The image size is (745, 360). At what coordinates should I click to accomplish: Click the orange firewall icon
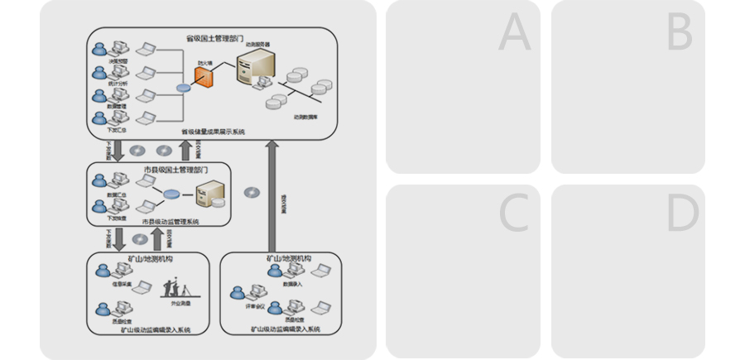[204, 77]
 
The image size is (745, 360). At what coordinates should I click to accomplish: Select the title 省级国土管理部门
[214, 38]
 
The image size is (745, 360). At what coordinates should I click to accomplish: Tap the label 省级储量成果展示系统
[214, 132]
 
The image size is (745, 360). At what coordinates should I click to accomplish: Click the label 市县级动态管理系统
[170, 222]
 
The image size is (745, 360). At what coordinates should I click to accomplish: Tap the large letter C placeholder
[514, 214]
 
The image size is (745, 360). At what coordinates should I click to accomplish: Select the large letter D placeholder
[682, 214]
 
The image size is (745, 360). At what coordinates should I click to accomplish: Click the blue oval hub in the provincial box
[184, 88]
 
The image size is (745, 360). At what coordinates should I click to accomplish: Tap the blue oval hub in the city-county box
[171, 194]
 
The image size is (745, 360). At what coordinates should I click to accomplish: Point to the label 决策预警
[118, 60]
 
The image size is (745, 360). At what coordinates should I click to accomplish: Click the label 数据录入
[295, 283]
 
